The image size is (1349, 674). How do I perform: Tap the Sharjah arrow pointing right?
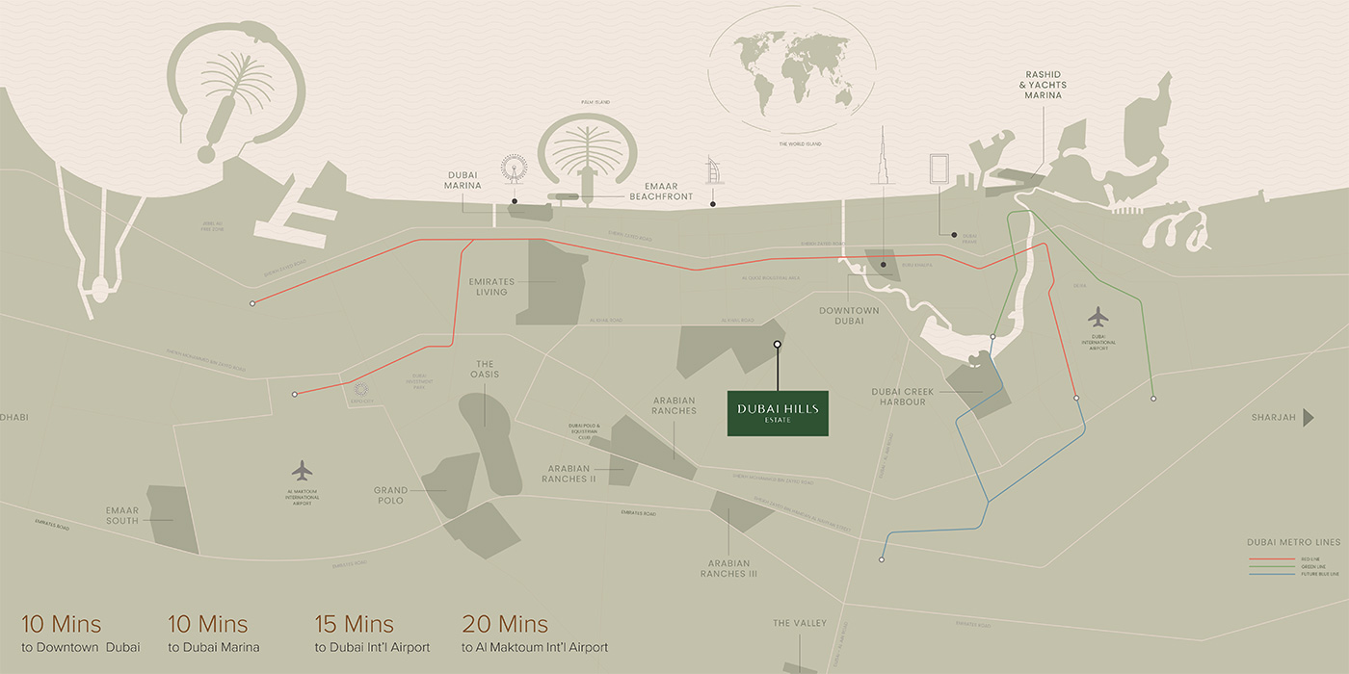coord(1309,417)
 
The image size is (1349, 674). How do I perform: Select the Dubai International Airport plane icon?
coord(1098,317)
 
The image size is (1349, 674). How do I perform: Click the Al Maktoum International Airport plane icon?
coord(303,471)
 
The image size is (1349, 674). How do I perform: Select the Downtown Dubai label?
coord(849,315)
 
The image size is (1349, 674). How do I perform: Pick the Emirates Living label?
coord(491,286)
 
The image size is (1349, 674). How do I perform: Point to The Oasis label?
coord(485,369)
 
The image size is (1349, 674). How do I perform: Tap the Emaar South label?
coord(122,515)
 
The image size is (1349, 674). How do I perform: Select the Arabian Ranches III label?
coord(728,568)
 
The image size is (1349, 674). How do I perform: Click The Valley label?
coord(800,624)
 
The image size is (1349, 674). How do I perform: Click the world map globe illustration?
coord(791,74)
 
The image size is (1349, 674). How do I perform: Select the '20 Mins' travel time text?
coord(505,624)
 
